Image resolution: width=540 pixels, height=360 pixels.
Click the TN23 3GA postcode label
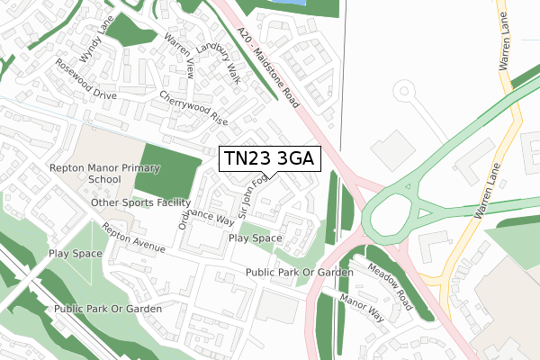[x=267, y=159]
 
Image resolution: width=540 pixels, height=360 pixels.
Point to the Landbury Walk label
[x=216, y=60]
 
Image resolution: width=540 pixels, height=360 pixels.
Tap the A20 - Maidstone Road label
[x=268, y=63]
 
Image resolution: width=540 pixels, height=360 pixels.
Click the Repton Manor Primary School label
[x=85, y=174]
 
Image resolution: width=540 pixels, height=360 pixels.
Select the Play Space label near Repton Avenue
[x=255, y=238]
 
